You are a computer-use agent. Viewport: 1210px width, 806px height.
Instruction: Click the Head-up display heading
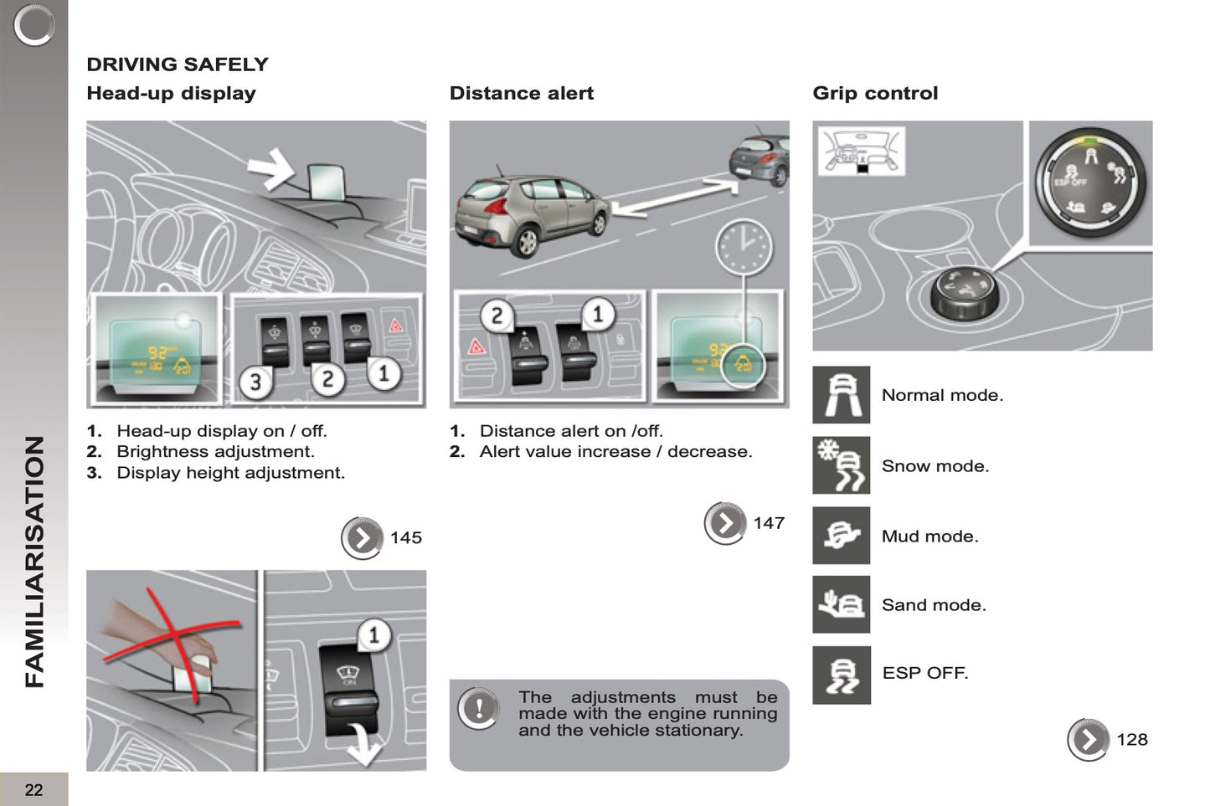click(171, 93)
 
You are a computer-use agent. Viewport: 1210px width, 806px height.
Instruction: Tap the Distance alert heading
click(521, 93)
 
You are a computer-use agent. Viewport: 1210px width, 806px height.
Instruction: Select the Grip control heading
click(875, 93)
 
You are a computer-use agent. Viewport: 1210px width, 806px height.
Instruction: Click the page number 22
click(33, 789)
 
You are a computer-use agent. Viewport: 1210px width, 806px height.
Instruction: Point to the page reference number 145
click(406, 537)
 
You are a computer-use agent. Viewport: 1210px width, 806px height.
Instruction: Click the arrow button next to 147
click(724, 523)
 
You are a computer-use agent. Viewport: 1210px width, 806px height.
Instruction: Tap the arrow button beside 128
click(1088, 740)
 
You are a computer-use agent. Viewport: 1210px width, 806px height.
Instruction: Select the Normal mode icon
click(842, 394)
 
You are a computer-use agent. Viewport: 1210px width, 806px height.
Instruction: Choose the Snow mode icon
click(842, 465)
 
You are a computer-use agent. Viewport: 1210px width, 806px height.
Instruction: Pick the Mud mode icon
click(842, 536)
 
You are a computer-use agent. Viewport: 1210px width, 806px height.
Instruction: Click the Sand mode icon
click(842, 604)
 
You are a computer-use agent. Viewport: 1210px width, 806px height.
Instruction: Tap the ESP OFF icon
click(842, 675)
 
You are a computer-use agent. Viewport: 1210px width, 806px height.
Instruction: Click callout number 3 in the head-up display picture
click(255, 382)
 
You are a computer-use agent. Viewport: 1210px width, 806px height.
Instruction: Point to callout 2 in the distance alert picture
click(497, 316)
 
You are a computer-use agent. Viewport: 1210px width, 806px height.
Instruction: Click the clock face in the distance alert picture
click(743, 247)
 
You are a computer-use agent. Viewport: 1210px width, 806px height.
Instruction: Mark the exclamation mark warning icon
click(478, 708)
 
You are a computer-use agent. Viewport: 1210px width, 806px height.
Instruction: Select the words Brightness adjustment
click(215, 451)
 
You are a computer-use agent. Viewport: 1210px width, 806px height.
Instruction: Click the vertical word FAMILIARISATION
click(34, 562)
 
